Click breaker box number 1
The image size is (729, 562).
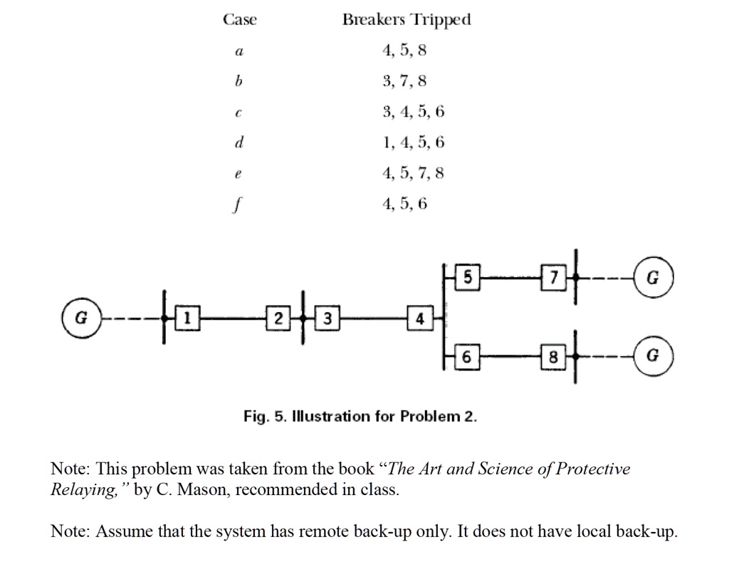[187, 317]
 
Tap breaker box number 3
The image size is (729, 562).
[327, 317]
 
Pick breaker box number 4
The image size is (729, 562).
[420, 318]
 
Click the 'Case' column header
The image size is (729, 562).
[240, 20]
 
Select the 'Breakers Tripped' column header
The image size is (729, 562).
[407, 20]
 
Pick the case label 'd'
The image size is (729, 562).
[240, 142]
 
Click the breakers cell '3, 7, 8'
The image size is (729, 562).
[404, 81]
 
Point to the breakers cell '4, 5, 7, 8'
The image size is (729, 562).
[413, 173]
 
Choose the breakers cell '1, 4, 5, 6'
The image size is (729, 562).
[413, 142]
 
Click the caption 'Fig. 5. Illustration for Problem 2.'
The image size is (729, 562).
[360, 415]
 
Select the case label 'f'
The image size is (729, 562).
[240, 204]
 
